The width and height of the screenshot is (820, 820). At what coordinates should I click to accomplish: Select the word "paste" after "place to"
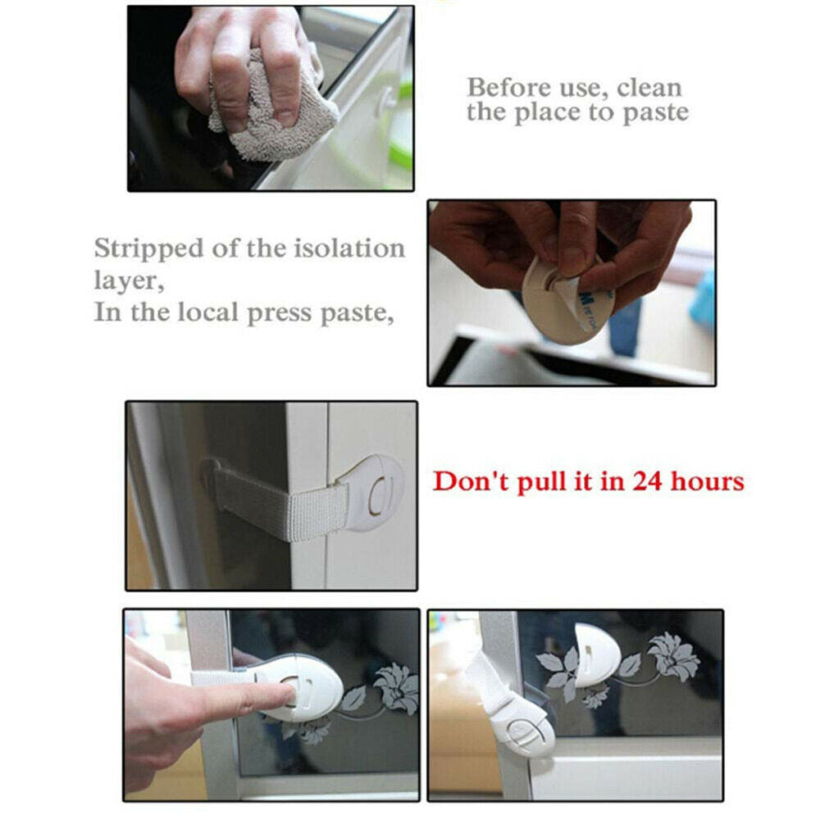(652, 113)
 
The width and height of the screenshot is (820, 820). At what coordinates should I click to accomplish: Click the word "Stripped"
(148, 248)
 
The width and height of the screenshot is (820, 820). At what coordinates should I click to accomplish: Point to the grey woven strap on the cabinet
(279, 503)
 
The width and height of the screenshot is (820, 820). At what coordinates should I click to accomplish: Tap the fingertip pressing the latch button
(284, 696)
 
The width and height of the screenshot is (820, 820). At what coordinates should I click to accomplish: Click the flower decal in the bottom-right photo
(672, 656)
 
